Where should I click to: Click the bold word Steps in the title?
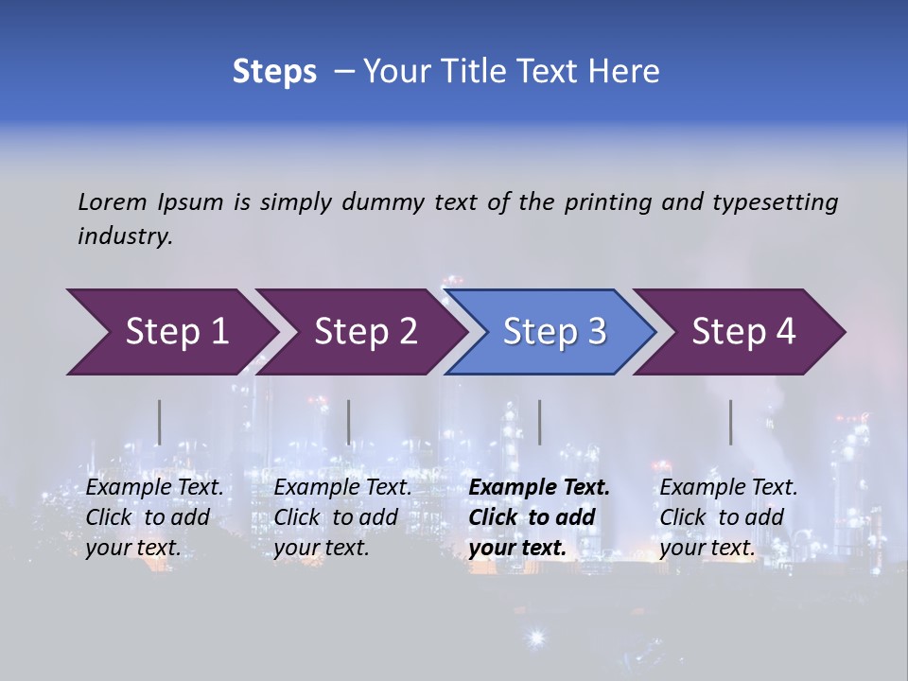(x=274, y=72)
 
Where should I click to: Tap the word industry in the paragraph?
(x=125, y=236)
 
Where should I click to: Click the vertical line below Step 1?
(x=160, y=422)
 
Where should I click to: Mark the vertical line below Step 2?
(x=349, y=422)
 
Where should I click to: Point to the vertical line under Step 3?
(x=539, y=422)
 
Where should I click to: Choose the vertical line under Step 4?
(x=730, y=422)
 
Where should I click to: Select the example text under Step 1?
(x=155, y=517)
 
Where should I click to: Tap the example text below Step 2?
(x=342, y=517)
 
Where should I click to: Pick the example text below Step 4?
(x=728, y=517)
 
